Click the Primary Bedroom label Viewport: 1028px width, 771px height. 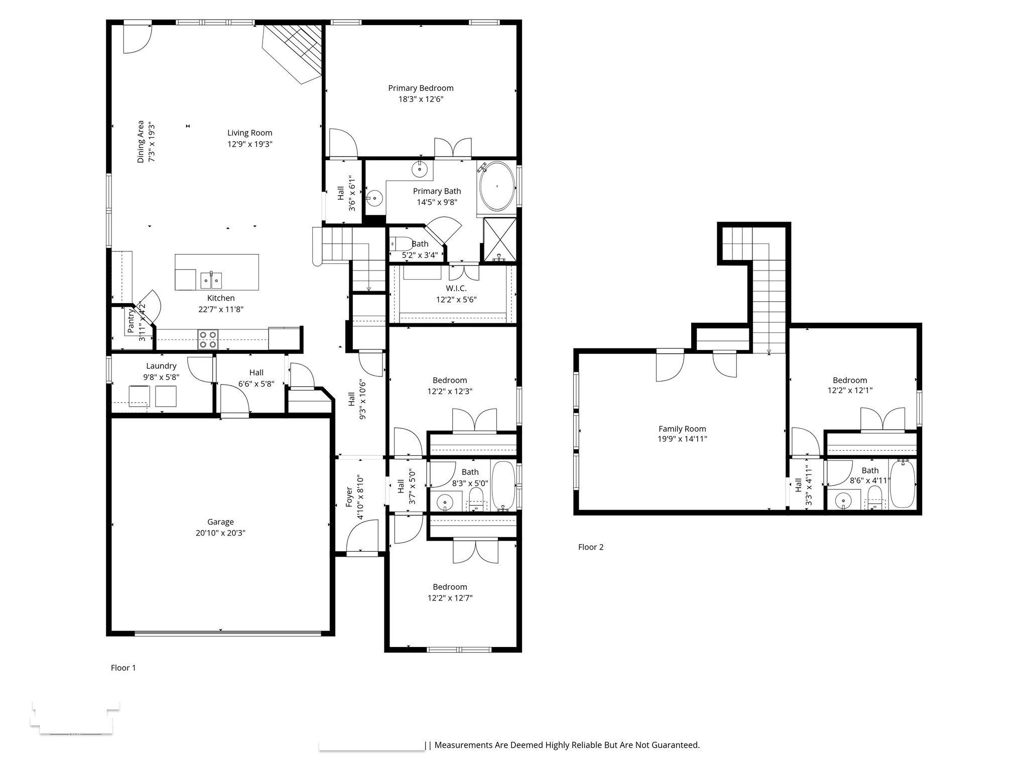pos(421,88)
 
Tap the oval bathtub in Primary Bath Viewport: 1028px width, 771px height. pos(497,186)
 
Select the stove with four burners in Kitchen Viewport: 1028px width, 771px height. pos(208,339)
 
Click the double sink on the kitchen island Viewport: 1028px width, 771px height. pos(211,280)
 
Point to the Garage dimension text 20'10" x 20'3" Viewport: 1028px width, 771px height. pos(220,533)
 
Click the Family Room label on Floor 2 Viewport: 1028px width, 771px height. pos(682,429)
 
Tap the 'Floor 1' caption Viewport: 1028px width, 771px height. pos(123,668)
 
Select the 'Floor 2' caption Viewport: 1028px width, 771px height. pos(591,547)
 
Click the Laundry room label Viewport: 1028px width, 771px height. pos(161,366)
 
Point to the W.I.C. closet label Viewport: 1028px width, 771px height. pos(456,288)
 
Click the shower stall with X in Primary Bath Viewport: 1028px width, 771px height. pos(500,239)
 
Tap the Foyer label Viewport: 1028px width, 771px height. pos(349,497)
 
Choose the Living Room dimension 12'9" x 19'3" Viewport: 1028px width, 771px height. pos(249,144)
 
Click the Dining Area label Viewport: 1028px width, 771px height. pos(141,142)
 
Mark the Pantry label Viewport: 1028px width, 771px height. pos(131,321)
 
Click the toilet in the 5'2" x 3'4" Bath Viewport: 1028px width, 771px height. pos(402,244)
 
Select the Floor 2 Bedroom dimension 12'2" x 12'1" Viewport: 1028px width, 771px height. pos(850,390)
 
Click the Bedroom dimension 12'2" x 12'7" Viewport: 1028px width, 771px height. pos(450,598)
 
